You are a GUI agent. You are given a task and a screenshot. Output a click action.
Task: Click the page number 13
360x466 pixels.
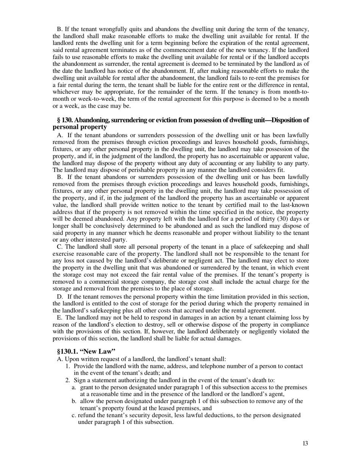click(305, 444)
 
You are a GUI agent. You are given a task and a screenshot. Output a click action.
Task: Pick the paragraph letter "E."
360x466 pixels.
click(59, 317)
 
